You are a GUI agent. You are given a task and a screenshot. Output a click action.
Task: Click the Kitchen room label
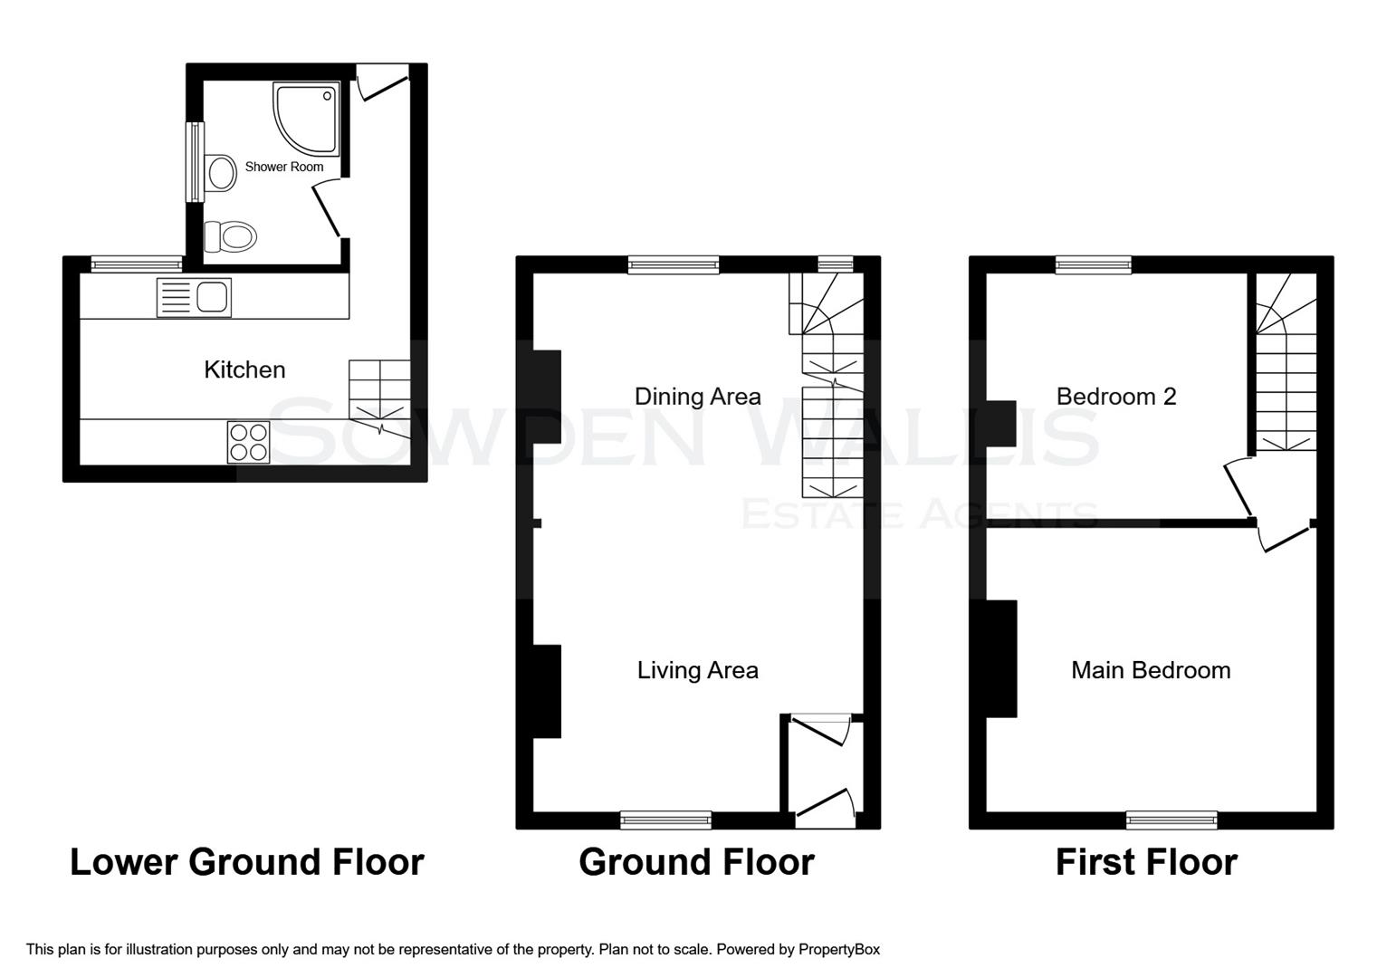pos(244,369)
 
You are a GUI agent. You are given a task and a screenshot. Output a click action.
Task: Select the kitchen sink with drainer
pos(194,298)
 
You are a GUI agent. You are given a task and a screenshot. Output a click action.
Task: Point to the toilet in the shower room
pos(231,237)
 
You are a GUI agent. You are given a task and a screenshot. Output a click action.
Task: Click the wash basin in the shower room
pos(220,173)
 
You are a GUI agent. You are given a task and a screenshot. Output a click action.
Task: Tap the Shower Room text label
pos(283,167)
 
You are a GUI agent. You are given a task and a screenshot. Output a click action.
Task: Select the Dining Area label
pos(697,396)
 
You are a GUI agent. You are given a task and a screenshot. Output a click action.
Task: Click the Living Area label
pos(697,670)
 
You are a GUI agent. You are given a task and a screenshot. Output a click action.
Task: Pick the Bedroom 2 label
pos(1115,396)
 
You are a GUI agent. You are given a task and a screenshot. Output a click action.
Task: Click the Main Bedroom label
pos(1150,670)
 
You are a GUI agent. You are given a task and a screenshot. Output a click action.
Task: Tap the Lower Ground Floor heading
pos(246,862)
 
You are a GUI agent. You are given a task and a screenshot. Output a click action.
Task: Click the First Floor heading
pos(1146,862)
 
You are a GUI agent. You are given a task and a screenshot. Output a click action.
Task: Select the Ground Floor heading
pos(696,862)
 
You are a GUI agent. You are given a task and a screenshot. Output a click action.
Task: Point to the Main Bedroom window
pos(1171,820)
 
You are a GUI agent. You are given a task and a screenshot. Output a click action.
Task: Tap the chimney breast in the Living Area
pos(547,691)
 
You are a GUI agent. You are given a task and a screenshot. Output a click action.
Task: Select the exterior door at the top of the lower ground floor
pos(382,82)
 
